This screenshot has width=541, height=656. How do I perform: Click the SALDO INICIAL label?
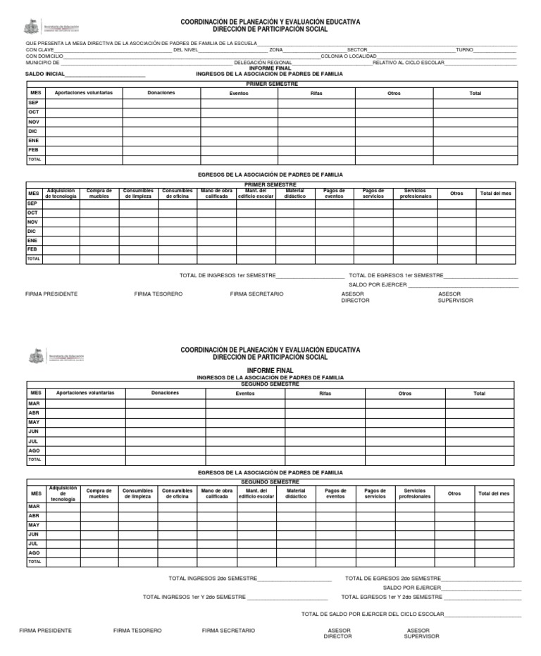click(45, 74)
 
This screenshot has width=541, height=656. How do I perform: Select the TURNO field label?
click(464, 50)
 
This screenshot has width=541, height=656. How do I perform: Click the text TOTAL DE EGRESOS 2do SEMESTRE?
click(392, 578)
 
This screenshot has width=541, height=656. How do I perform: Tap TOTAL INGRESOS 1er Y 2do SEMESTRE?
click(194, 596)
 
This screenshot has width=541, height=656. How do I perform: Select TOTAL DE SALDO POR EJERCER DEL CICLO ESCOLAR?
click(373, 614)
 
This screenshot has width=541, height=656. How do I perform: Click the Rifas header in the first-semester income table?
click(316, 93)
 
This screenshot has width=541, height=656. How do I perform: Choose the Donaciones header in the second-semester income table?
click(165, 393)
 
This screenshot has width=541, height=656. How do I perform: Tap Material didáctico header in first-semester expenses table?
click(295, 194)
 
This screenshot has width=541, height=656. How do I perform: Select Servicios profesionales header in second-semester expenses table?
click(415, 493)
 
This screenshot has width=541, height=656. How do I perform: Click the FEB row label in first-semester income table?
click(34, 150)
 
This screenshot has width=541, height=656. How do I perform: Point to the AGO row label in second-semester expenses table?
click(34, 553)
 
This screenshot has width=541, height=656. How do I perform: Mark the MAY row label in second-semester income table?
click(34, 422)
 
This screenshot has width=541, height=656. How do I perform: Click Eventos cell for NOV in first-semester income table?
click(239, 122)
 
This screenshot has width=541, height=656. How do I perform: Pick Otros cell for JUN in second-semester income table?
click(405, 431)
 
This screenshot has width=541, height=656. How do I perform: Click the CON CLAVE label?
click(39, 50)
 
